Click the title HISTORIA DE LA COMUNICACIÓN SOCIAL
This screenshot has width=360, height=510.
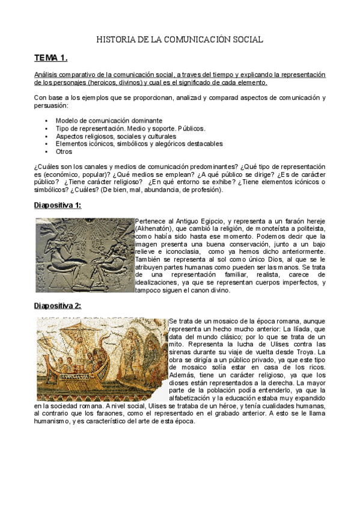[180, 40]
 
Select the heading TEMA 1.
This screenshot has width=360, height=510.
[50, 58]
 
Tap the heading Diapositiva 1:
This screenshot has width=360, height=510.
[57, 205]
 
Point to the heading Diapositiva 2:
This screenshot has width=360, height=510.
[57, 306]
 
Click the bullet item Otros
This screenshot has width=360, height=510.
[64, 152]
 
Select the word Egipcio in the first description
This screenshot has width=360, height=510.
[203, 221]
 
